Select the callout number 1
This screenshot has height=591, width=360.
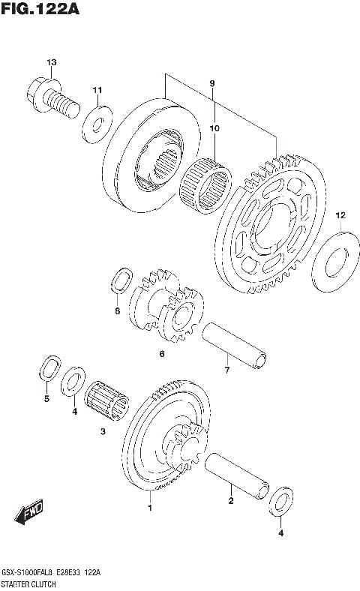pyautogui.click(x=149, y=508)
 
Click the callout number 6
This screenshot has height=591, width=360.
pyautogui.click(x=160, y=355)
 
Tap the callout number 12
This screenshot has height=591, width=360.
pyautogui.click(x=339, y=215)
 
